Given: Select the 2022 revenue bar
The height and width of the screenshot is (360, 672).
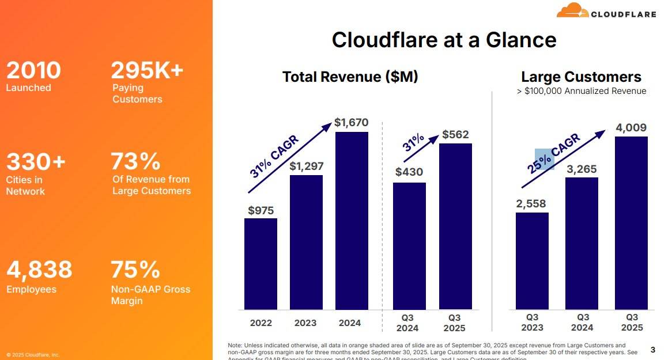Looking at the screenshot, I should click(x=261, y=264).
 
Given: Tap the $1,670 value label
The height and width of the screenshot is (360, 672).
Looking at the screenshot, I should click(x=351, y=123).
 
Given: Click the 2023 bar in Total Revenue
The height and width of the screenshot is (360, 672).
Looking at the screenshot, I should click(x=306, y=242).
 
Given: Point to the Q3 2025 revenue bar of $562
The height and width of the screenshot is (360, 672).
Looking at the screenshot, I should click(x=455, y=226).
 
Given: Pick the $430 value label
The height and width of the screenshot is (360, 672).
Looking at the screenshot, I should click(x=409, y=172).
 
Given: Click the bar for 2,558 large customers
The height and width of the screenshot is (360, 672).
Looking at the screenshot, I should click(x=532, y=261).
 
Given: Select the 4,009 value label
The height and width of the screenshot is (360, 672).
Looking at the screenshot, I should click(x=631, y=127).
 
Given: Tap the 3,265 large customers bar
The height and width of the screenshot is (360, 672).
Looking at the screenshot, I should click(x=582, y=243).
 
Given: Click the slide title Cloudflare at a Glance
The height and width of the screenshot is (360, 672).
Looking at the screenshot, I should click(x=444, y=40).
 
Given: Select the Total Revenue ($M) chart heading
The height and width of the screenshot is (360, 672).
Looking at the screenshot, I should click(x=350, y=77).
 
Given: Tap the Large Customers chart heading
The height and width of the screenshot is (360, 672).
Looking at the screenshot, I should click(x=581, y=77).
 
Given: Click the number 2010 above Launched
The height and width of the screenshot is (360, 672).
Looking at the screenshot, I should click(x=33, y=70).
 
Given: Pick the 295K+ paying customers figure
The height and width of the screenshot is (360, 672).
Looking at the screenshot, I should click(x=147, y=70).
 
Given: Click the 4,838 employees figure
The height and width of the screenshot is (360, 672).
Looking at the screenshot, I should click(x=39, y=270).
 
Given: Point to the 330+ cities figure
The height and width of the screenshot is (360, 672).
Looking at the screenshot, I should click(x=36, y=162).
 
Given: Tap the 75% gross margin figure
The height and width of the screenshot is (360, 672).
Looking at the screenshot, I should click(x=135, y=270).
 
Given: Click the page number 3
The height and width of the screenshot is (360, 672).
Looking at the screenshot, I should click(x=652, y=350).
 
